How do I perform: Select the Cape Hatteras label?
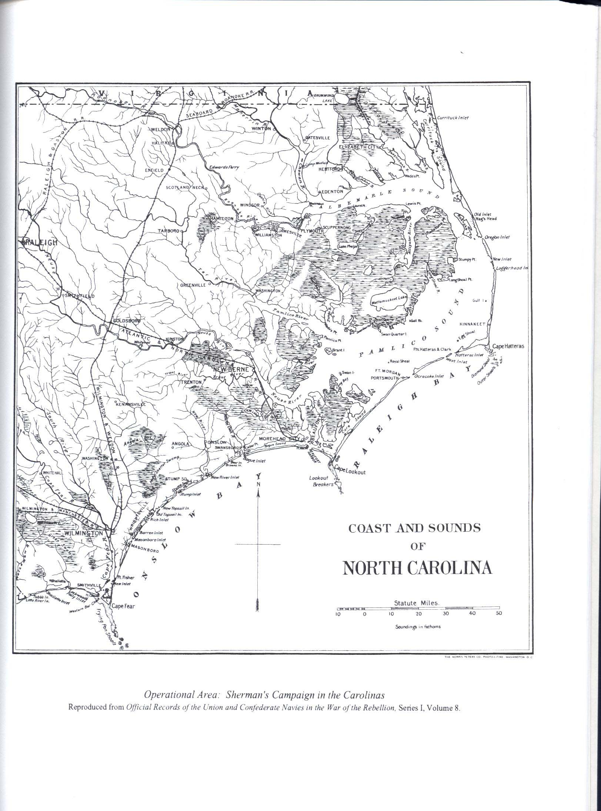508,347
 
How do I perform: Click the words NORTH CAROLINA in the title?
417,578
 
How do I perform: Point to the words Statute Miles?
416,603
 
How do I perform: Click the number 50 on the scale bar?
499,613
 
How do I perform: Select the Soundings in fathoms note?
418,627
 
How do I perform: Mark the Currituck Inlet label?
453,118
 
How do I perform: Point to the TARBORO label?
169,230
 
